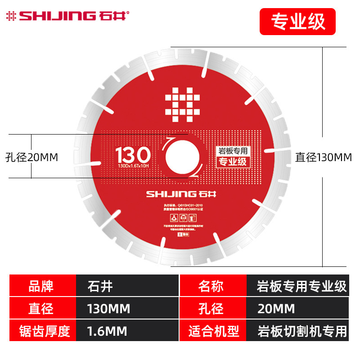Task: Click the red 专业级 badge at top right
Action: pos(297,21)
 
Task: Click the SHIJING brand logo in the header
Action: pos(67,17)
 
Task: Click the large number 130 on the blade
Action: pos(133,156)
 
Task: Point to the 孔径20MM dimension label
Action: pos(32,157)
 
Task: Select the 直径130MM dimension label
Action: pos(323,157)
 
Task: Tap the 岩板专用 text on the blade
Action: pos(231,153)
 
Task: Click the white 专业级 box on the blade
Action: pos(231,163)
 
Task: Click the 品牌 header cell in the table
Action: pos(43,286)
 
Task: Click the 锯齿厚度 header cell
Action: pos(43,332)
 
